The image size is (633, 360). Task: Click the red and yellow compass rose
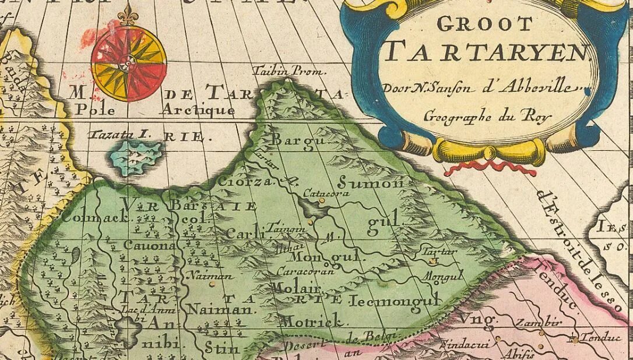(129, 63)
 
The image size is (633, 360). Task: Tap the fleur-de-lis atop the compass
(126, 15)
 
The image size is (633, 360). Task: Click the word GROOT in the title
(484, 24)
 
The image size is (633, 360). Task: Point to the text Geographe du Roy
(487, 115)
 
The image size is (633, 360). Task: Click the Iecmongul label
(395, 301)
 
